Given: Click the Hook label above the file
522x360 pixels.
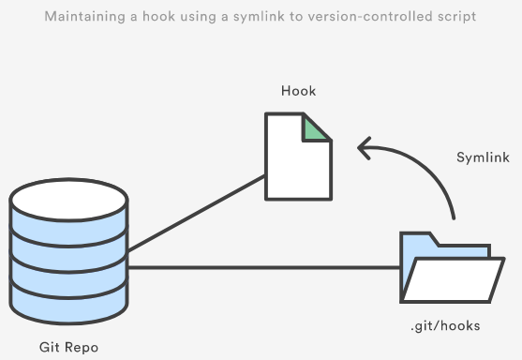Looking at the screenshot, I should click(x=297, y=91).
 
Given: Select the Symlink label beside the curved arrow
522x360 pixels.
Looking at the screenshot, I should click(x=482, y=157).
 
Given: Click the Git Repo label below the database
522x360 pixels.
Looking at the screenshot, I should click(x=68, y=347).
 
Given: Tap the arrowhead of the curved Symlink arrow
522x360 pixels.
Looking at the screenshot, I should click(x=362, y=147).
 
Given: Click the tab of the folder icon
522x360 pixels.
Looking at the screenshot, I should click(x=418, y=240).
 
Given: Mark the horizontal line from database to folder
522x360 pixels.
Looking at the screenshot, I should click(x=262, y=269).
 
